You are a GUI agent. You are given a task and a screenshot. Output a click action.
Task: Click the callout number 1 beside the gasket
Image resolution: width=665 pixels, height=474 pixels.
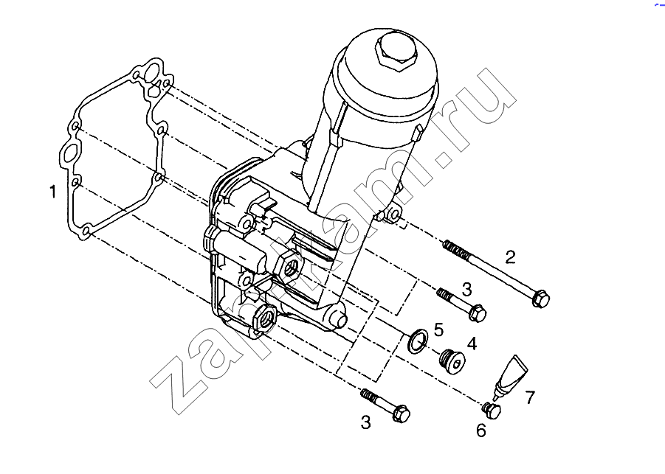click(x=52, y=192)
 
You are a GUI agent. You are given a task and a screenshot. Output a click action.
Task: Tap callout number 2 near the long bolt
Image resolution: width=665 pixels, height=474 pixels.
click(x=510, y=257)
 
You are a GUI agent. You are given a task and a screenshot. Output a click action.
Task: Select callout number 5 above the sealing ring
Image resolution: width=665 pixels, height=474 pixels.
click(x=438, y=330)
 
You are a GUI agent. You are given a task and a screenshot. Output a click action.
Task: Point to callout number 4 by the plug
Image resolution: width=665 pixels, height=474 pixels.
click(x=472, y=344)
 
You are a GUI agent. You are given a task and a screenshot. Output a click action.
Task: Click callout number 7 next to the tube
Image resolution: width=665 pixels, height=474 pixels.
click(x=530, y=397)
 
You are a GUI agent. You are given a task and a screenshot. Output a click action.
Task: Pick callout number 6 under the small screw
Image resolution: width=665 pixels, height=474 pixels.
click(x=481, y=431)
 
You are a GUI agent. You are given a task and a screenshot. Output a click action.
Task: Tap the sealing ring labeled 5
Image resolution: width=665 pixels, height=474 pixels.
click(x=417, y=340)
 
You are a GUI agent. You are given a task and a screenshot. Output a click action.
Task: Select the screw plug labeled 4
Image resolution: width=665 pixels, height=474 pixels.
click(x=452, y=361)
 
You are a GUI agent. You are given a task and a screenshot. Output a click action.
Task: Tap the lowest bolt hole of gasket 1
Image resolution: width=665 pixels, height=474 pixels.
click(x=86, y=231)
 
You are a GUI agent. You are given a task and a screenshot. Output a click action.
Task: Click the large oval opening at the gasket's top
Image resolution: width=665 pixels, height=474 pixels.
click(x=152, y=72)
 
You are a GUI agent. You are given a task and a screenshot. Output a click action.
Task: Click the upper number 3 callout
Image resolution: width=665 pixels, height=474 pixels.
click(x=466, y=290)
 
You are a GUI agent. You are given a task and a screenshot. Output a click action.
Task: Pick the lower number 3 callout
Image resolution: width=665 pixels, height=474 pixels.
click(x=365, y=422)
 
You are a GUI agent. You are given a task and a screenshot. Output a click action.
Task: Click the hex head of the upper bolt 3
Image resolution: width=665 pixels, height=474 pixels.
click(x=478, y=313)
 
